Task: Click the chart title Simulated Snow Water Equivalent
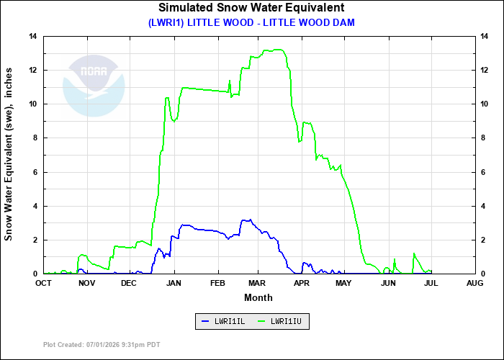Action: tap(251, 7)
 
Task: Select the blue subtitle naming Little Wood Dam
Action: tap(251, 22)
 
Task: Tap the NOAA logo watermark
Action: tap(94, 86)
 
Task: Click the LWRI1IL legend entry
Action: tap(223, 321)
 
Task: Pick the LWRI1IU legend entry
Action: tap(279, 321)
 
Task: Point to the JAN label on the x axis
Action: tap(174, 283)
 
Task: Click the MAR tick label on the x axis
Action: tap(257, 283)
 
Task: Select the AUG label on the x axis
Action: tap(475, 283)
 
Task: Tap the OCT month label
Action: tap(43, 283)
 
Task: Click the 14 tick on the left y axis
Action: tap(33, 36)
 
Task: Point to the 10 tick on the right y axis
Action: tap(484, 104)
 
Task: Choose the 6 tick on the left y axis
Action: tap(35, 172)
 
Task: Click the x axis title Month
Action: tap(258, 297)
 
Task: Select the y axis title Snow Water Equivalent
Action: tap(9, 154)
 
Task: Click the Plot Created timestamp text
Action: tap(102, 345)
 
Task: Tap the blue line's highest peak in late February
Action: tap(251, 220)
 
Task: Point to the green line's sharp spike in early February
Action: tap(230, 81)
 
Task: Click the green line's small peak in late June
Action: tap(414, 253)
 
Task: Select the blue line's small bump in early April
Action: tap(304, 263)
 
